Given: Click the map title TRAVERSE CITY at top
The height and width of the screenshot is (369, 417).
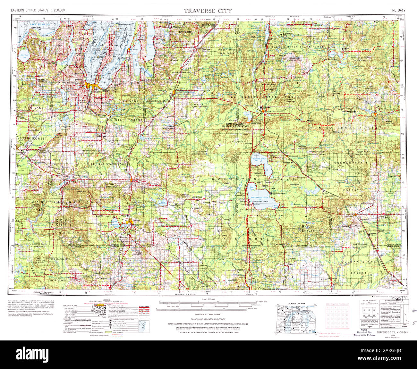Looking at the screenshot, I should coord(208,11).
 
